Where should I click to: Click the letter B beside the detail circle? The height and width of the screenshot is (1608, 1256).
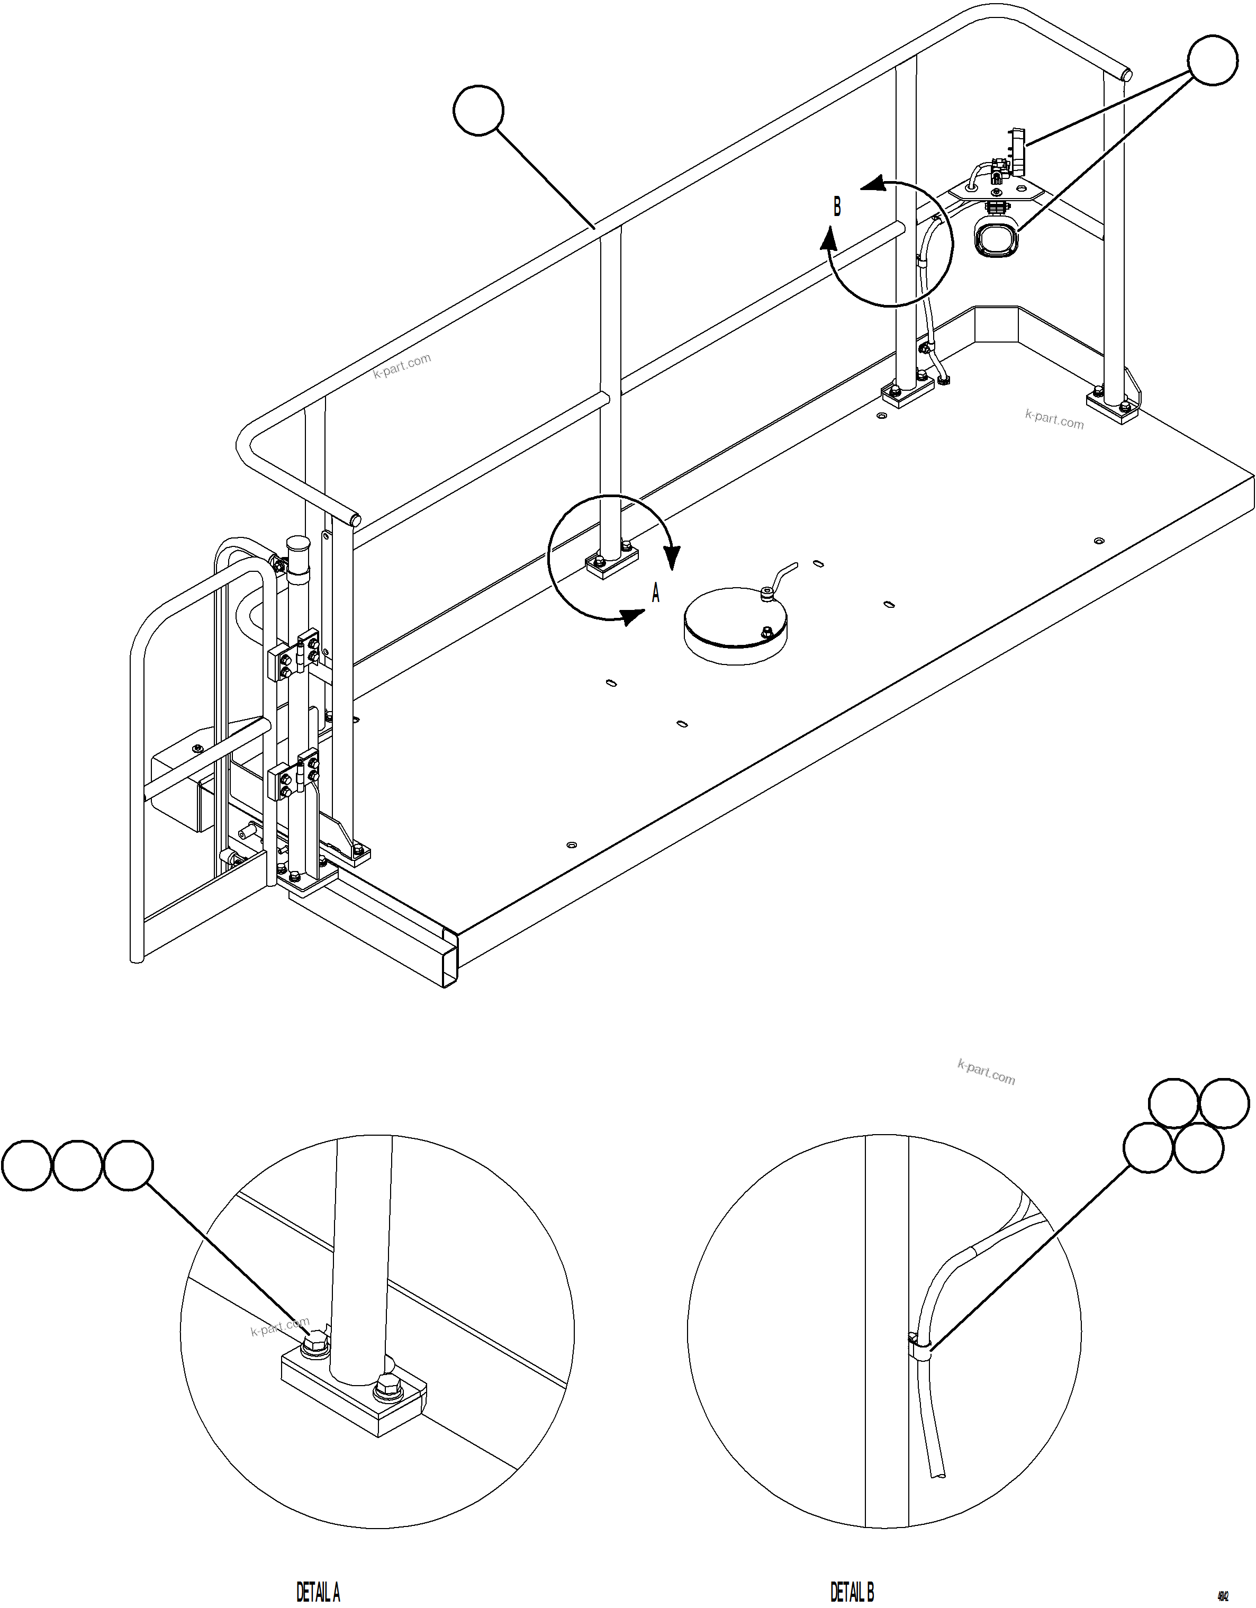tap(837, 208)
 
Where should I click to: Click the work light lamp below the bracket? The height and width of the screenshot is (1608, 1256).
tap(996, 240)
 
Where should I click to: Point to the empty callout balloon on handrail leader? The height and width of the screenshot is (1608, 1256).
tap(478, 111)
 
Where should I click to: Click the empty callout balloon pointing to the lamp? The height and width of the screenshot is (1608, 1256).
tap(1213, 62)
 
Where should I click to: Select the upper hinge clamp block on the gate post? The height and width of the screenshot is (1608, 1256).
tap(294, 654)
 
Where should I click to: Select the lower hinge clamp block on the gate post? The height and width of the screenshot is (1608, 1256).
tap(294, 775)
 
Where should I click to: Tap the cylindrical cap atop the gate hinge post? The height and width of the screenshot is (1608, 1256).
tap(298, 549)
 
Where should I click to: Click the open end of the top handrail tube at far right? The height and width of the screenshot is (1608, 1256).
tap(1126, 74)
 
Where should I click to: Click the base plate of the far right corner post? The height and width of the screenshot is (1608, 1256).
tap(1113, 407)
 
